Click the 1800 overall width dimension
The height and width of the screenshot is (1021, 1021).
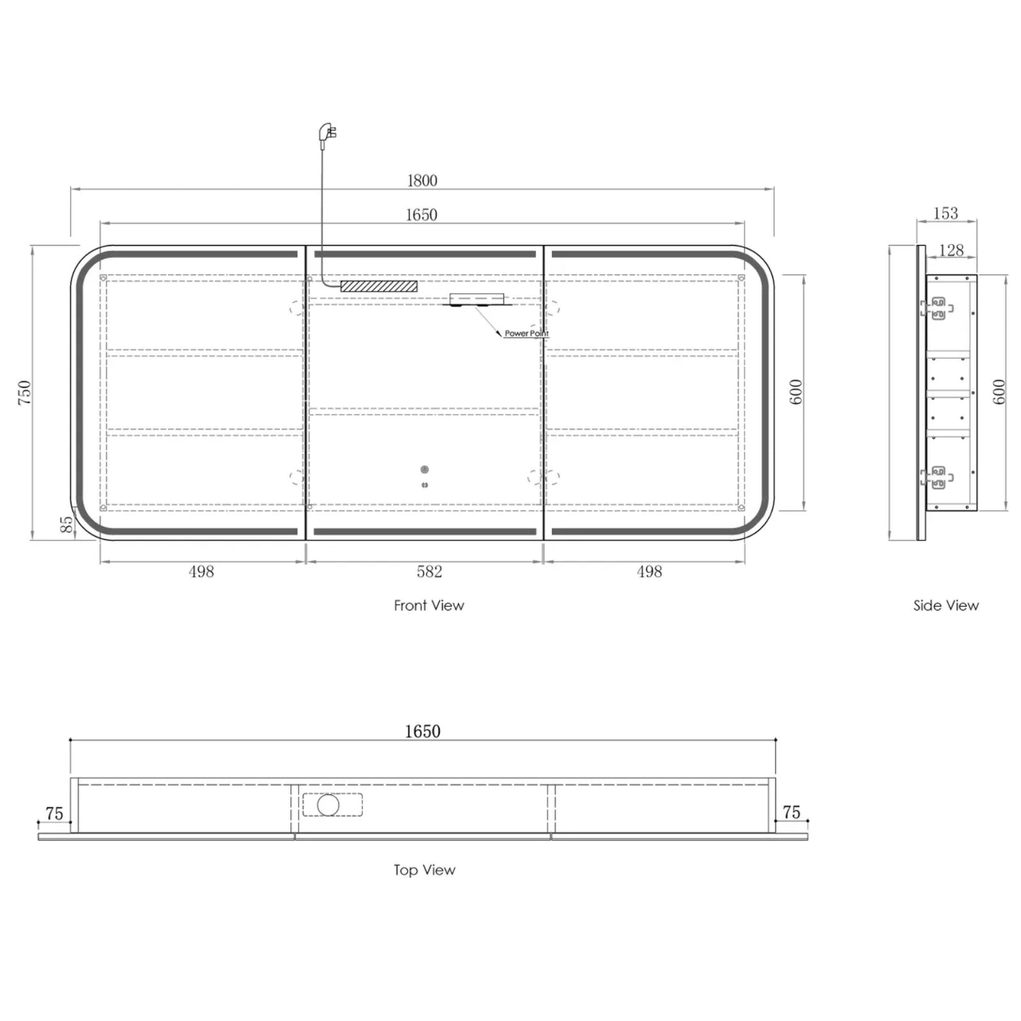[422, 181]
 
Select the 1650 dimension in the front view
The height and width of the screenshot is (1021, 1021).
[421, 214]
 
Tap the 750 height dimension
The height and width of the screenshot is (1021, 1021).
[24, 392]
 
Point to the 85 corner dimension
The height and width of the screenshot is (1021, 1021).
[66, 525]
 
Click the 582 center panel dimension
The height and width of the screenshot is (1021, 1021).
[429, 572]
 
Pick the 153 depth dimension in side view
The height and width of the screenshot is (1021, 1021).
[946, 213]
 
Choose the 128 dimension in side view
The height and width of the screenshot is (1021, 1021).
[951, 250]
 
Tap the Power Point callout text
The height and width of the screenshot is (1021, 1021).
[526, 333]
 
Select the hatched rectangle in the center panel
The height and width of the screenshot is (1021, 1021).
[378, 286]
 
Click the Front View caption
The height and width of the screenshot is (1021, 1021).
[429, 606]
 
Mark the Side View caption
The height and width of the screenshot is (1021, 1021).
[946, 606]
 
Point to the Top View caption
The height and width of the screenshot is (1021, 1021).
[424, 870]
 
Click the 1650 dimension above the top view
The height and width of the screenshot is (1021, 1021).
[422, 731]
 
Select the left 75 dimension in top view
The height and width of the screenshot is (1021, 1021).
[54, 814]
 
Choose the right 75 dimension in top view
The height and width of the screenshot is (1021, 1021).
[791, 812]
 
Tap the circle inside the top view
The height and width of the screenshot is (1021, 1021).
[328, 805]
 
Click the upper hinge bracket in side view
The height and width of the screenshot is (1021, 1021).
[937, 308]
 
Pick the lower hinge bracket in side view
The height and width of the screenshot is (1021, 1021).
[937, 477]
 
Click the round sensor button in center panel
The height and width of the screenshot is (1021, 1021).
[424, 470]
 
